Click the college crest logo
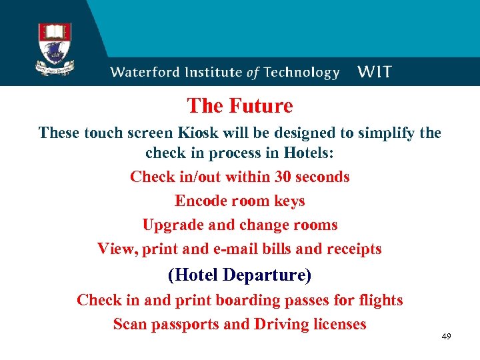55,49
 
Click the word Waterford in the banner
143,73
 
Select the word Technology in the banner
300,73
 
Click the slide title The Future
240,106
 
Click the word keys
289,201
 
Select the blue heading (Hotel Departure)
240,275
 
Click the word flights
379,301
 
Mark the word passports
186,325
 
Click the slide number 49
446,336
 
